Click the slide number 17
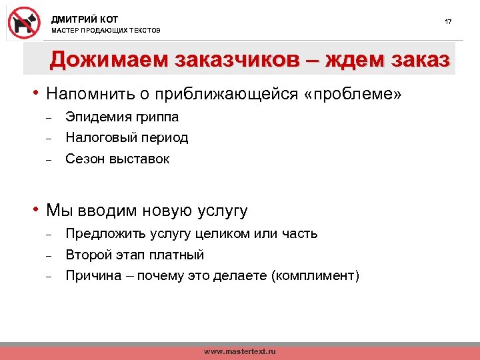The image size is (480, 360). (x=448, y=22)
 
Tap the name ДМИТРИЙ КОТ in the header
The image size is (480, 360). (x=85, y=19)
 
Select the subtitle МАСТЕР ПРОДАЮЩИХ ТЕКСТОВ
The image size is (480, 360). (x=106, y=31)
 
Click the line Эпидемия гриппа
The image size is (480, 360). (x=122, y=117)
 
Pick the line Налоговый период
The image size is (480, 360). (x=127, y=138)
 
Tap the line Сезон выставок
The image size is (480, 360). (x=117, y=159)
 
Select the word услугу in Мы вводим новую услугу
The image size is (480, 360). (x=222, y=211)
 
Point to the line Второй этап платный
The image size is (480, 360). (x=135, y=255)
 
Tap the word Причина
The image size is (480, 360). (x=92, y=276)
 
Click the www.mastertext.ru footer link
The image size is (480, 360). (x=239, y=351)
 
